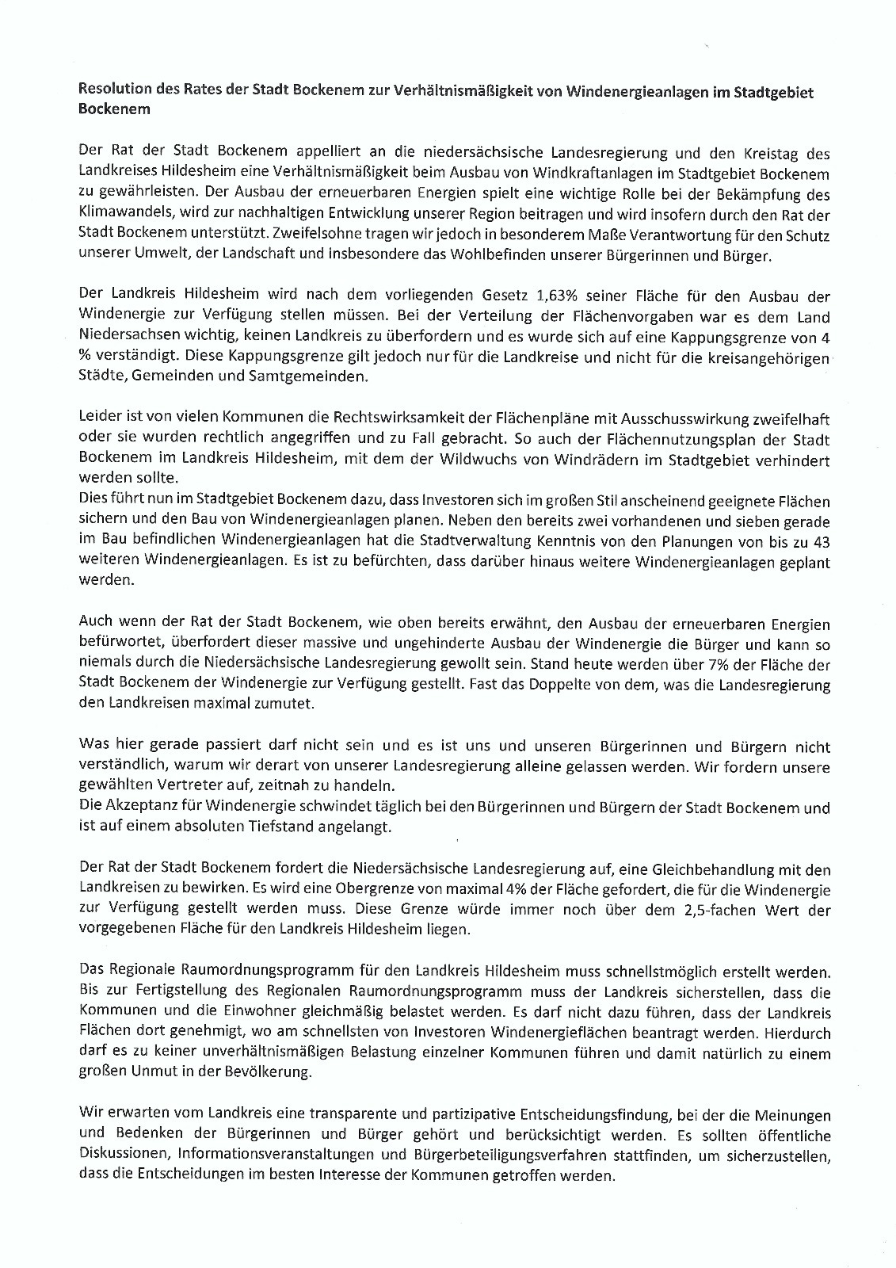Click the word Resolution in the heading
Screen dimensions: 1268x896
[x=112, y=92]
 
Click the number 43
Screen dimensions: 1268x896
[x=820, y=542]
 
